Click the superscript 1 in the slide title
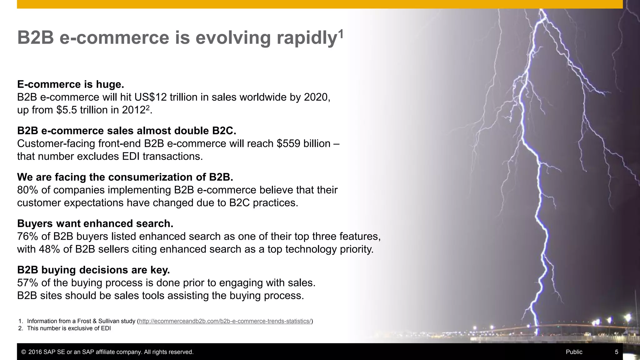tap(341, 33)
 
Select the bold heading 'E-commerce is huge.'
tap(71, 84)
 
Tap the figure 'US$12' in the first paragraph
tap(151, 97)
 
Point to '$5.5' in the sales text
tap(67, 110)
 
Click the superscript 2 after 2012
tap(148, 107)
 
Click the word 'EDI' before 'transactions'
tap(131, 156)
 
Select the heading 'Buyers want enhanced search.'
tap(95, 223)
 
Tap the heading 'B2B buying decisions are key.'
tap(93, 270)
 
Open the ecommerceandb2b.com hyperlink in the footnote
tap(225, 321)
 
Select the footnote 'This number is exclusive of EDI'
tap(69, 328)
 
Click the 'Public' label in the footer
tap(574, 352)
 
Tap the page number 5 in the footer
tap(617, 352)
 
